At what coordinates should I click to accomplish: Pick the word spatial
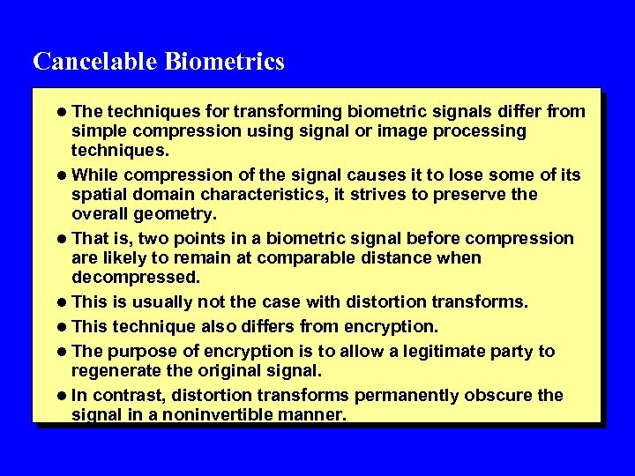coord(101,194)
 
